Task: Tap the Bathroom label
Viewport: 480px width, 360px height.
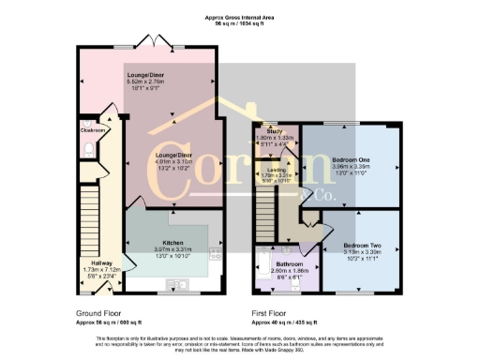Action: (x=280, y=263)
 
